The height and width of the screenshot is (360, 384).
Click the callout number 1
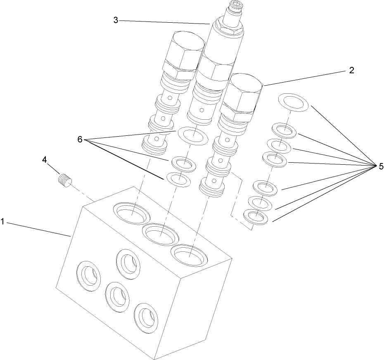[2, 222]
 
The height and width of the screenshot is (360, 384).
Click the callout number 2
[351, 70]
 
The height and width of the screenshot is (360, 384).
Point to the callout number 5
[380, 166]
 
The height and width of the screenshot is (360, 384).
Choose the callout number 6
[80, 139]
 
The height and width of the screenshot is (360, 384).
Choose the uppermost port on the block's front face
[128, 262]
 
